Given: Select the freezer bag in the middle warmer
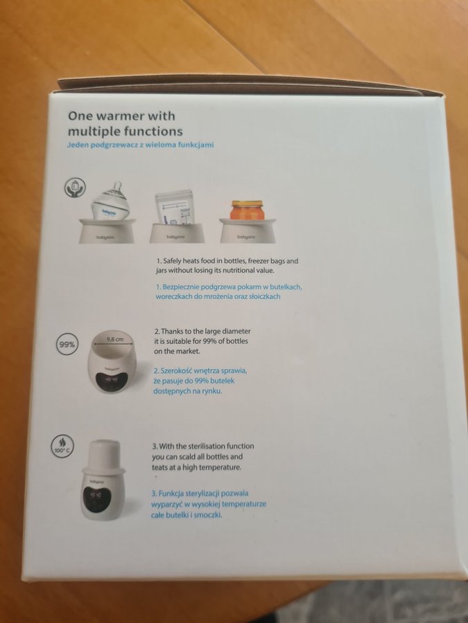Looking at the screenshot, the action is point(175,207).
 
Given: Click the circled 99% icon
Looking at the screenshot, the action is point(67,344).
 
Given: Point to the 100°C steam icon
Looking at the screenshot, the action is point(63,445).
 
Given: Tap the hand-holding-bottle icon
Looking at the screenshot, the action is point(75,188).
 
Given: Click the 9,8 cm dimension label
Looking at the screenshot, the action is point(115,339).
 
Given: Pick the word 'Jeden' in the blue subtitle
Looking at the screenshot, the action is point(78,145).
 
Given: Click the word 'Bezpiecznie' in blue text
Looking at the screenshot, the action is point(181,287).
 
